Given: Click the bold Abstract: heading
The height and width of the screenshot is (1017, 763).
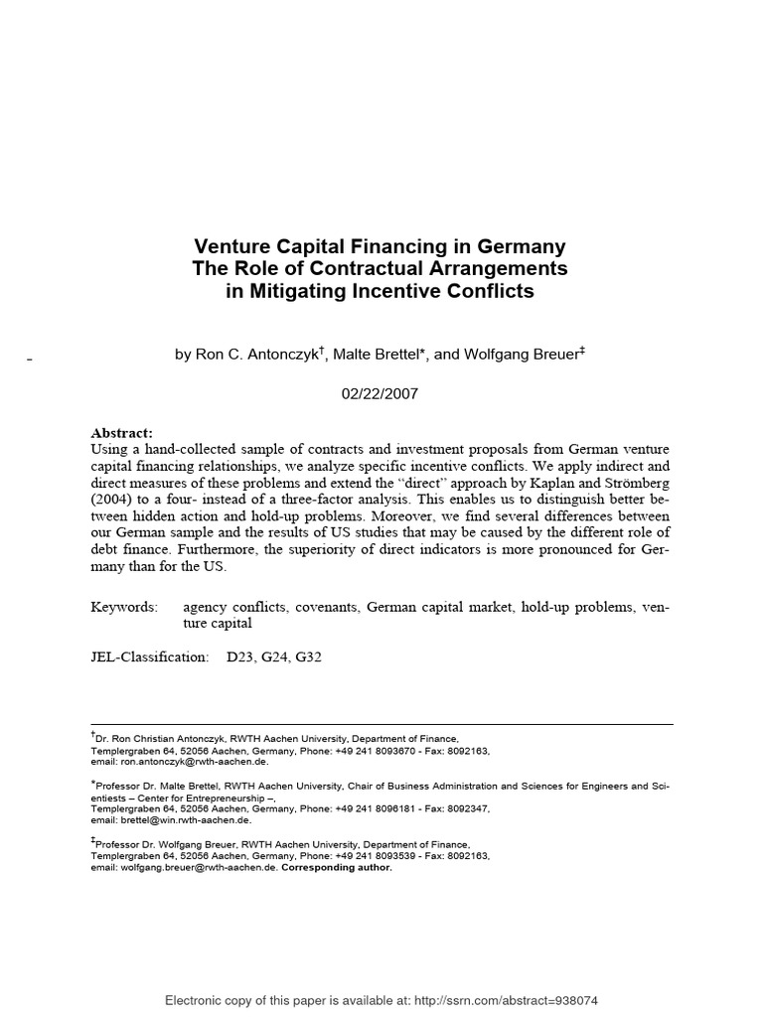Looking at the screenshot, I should pyautogui.click(x=122, y=433).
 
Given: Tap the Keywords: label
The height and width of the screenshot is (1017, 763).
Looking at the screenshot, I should pyautogui.click(x=124, y=606).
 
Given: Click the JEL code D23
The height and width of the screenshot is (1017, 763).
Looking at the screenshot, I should pyautogui.click(x=242, y=657).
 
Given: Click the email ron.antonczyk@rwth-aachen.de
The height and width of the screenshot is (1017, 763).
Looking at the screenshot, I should pyautogui.click(x=194, y=763).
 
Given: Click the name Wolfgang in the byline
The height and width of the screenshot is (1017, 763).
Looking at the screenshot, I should pyautogui.click(x=474, y=356).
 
